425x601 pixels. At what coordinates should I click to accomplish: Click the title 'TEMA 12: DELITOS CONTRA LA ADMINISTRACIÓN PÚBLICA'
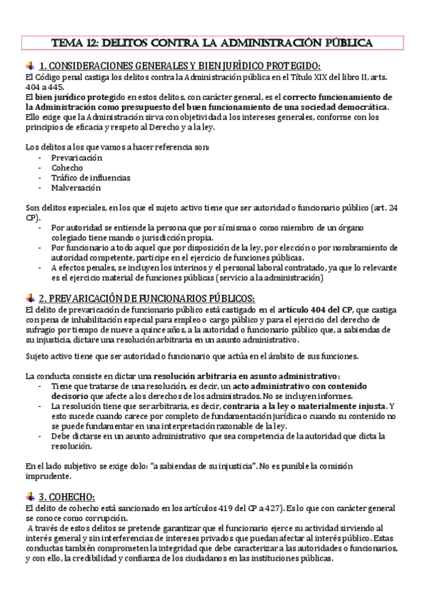click(x=213, y=43)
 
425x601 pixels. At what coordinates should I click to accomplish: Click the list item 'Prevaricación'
click(x=77, y=157)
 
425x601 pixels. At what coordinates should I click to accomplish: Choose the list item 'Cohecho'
click(x=67, y=167)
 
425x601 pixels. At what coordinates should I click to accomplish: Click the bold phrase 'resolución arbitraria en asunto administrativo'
click(x=245, y=375)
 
